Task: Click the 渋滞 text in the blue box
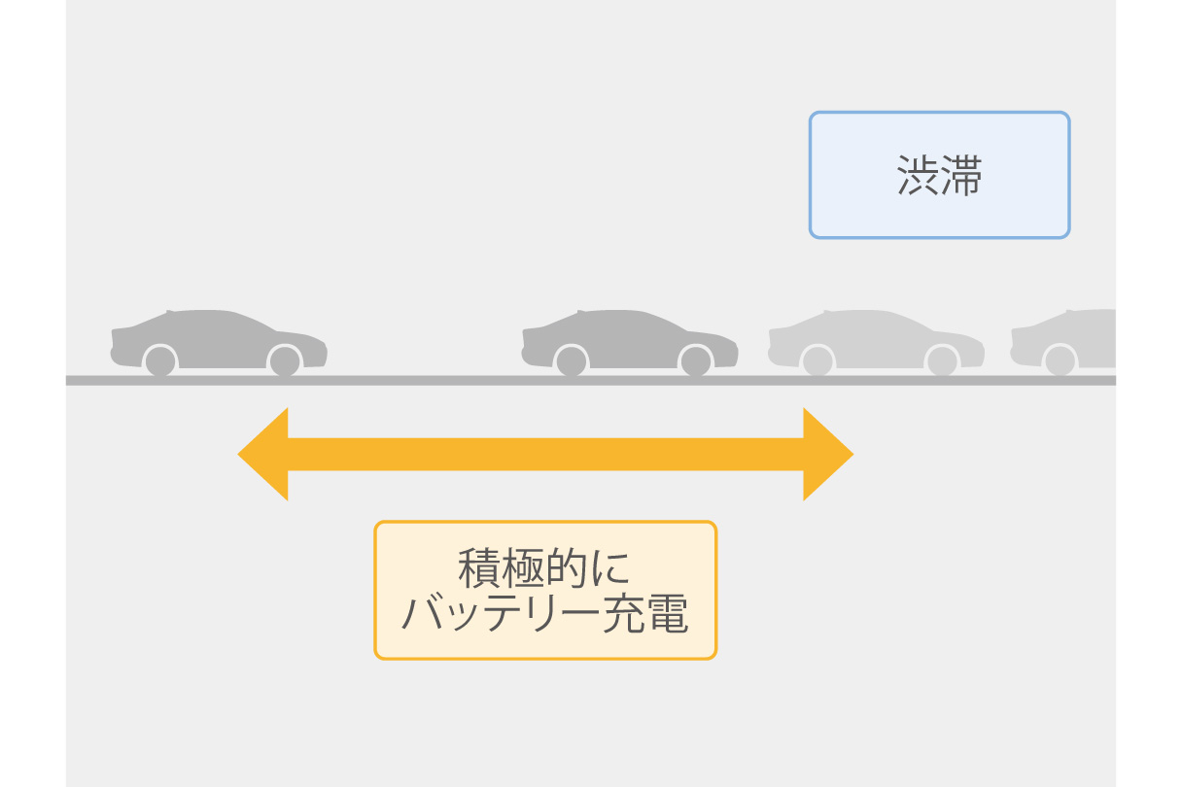click(939, 175)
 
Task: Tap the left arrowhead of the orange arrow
click(263, 454)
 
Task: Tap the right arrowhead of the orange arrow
click(828, 454)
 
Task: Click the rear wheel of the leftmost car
click(159, 361)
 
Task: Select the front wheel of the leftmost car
click(285, 361)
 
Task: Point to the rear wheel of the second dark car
click(571, 361)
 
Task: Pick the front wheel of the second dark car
click(696, 361)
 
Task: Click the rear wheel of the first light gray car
click(817, 361)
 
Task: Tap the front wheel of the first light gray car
click(943, 361)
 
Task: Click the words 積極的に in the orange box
click(544, 568)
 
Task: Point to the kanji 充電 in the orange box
click(645, 613)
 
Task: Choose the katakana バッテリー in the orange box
click(501, 613)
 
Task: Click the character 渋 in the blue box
click(918, 175)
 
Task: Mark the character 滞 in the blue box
click(961, 175)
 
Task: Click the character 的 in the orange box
click(565, 568)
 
